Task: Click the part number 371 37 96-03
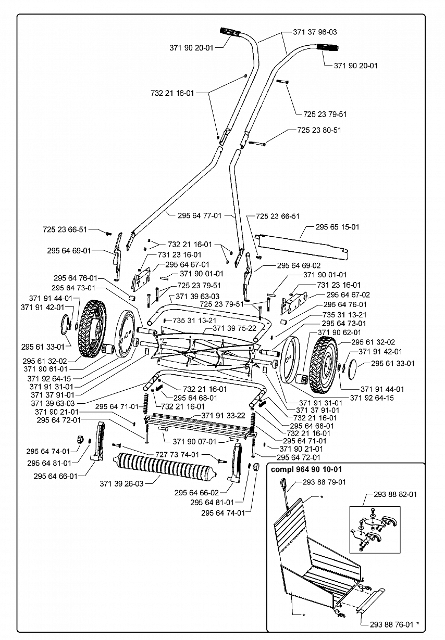[315, 32]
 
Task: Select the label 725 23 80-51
[319, 130]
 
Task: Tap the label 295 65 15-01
[338, 227]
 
